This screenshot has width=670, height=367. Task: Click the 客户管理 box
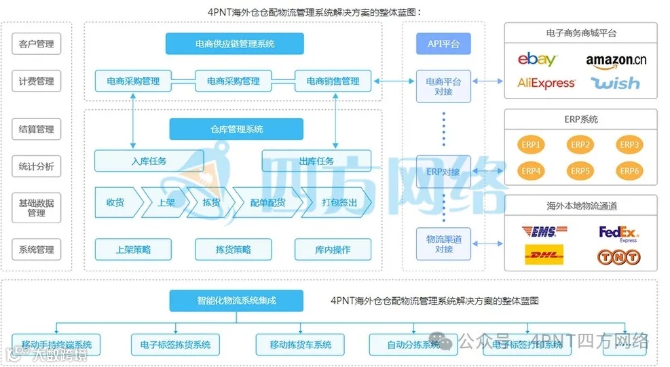37,45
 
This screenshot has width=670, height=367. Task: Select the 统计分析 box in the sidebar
37,166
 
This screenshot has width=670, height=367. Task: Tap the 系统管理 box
37,250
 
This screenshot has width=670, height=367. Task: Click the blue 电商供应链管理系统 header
235,44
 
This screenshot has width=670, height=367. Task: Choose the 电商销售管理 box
333,81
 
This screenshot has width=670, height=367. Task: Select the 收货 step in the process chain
116,202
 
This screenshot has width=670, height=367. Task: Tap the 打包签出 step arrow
339,202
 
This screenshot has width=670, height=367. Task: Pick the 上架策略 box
133,249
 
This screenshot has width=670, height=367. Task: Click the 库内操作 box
333,249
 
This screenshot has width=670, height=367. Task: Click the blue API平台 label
443,44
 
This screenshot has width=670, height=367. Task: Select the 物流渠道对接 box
443,244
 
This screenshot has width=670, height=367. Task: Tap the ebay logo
537,60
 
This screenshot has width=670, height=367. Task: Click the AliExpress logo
546,83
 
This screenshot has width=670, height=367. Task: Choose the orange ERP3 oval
629,144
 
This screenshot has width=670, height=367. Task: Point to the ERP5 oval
580,171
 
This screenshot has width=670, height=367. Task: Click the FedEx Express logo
618,233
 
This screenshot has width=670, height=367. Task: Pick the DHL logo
544,256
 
